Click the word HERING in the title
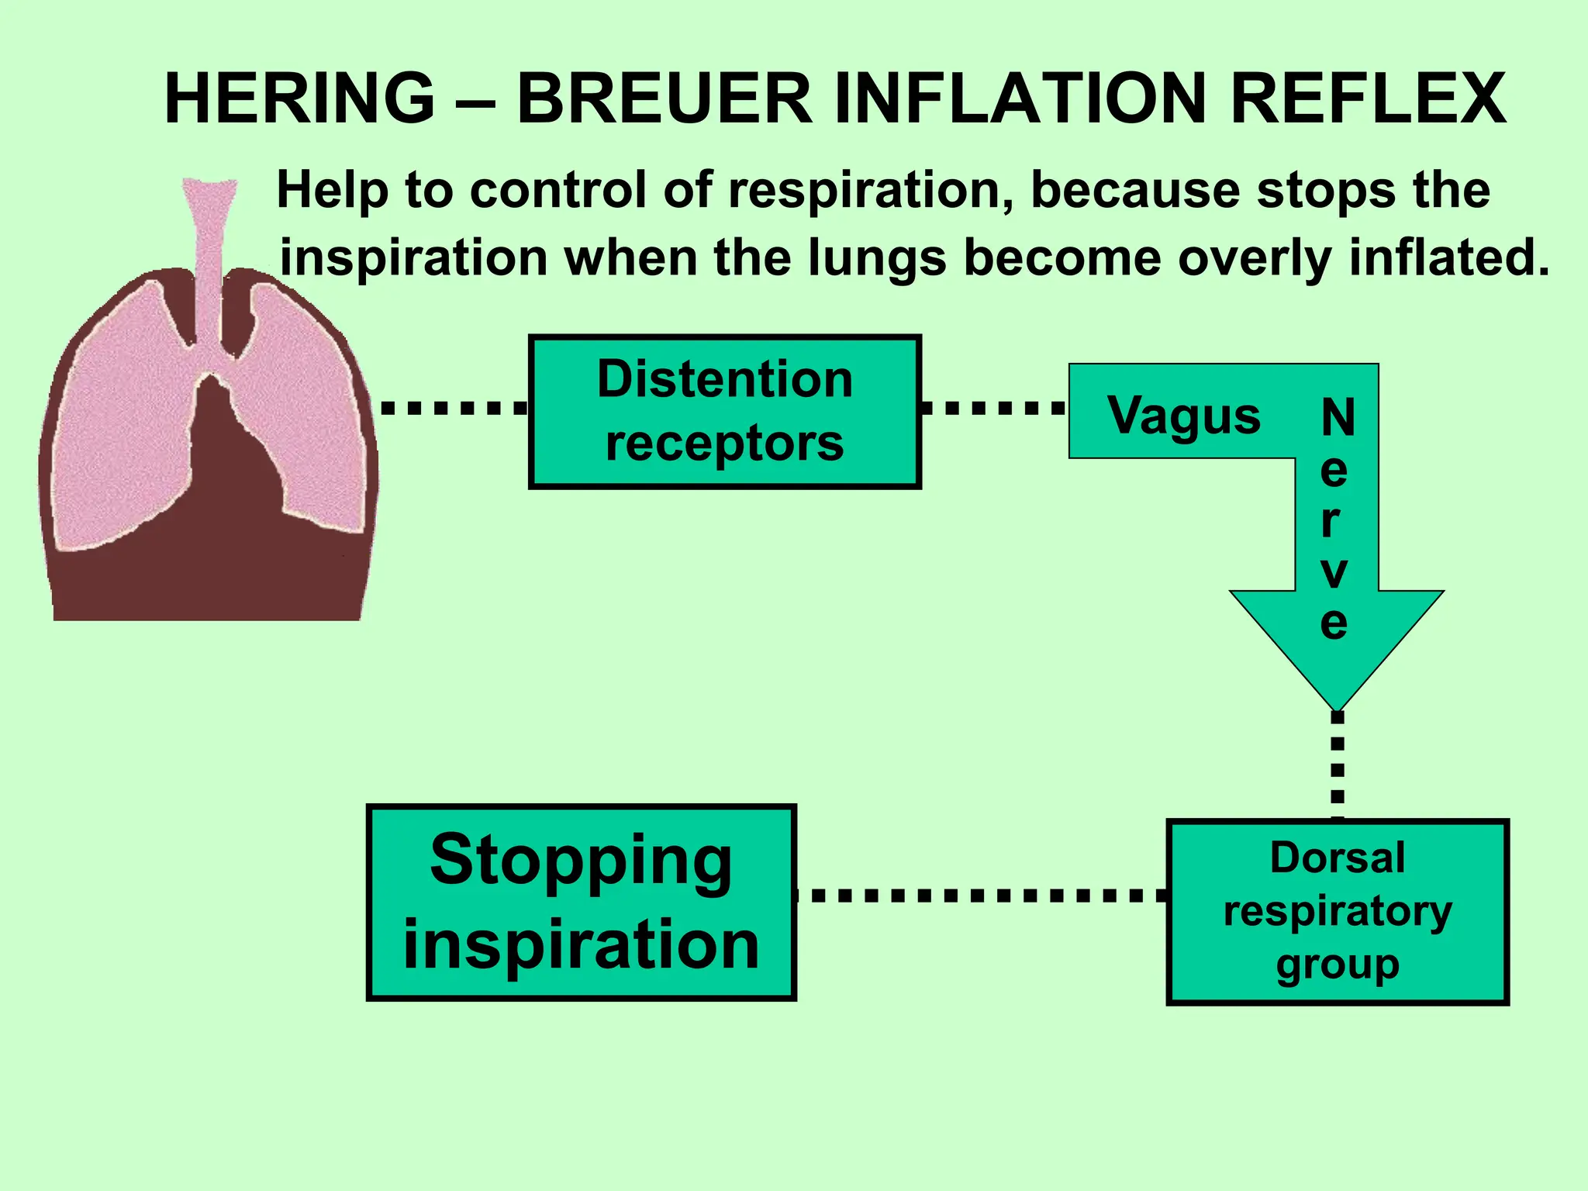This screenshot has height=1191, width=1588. (x=299, y=98)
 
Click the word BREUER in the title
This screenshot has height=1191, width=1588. (x=665, y=98)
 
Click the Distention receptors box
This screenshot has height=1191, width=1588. (x=724, y=412)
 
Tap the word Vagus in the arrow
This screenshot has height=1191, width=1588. (x=1183, y=415)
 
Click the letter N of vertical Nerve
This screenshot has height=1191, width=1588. (x=1338, y=418)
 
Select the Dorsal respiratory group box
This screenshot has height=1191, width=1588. (x=1337, y=912)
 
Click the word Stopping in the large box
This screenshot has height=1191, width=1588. (x=581, y=861)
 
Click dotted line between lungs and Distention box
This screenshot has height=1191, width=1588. (x=454, y=407)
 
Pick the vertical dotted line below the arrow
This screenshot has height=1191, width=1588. (x=1337, y=764)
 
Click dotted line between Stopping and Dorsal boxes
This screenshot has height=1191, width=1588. (x=981, y=896)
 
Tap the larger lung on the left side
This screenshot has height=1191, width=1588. (x=124, y=426)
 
